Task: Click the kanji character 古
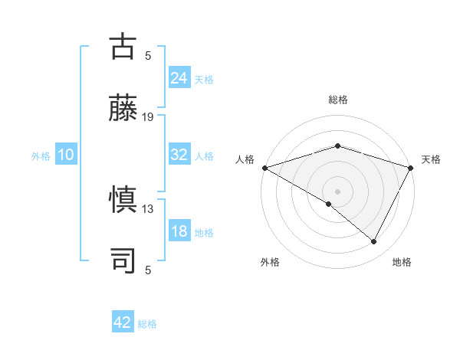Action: point(123,46)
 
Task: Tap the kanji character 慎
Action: point(123,200)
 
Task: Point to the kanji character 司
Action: point(123,260)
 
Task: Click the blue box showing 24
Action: point(179,77)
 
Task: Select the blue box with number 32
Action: point(179,155)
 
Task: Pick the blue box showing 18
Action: point(179,232)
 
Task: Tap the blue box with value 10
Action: point(66,155)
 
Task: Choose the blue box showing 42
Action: point(123,322)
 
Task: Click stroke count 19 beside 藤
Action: point(148,117)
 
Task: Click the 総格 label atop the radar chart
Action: point(337,100)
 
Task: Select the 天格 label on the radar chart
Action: point(431,159)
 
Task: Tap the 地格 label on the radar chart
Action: point(402,263)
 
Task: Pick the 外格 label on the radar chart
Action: point(270,263)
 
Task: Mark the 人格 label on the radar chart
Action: point(245,159)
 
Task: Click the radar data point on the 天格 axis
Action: point(411,168)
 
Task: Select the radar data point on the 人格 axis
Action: point(264,168)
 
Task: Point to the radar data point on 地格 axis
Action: point(374,242)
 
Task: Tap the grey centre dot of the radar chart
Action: point(337,191)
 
